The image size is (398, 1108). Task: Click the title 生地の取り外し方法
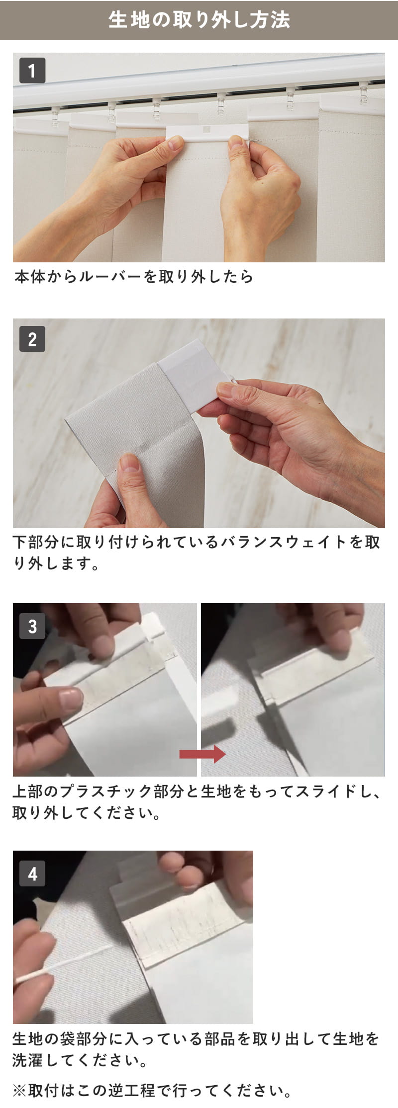199,20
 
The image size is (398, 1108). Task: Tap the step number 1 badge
32,70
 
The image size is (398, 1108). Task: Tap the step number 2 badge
32,339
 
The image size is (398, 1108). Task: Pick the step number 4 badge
32,873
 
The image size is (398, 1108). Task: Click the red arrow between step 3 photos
202,754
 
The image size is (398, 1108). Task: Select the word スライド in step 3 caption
318,791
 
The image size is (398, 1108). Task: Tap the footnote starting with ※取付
152,1091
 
